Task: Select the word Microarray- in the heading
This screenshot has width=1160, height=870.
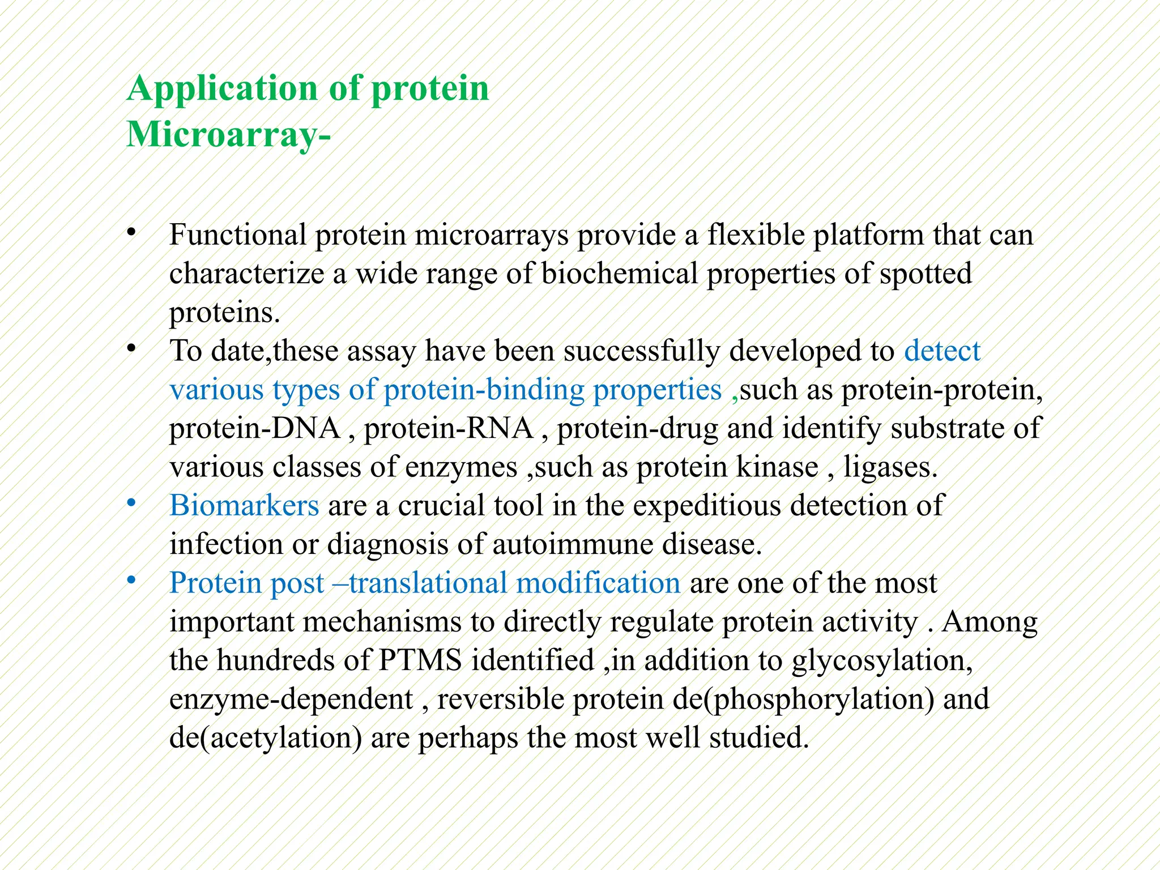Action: [x=228, y=135]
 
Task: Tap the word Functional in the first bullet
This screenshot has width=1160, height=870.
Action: [x=237, y=235]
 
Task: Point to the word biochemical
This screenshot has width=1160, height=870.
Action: [x=619, y=274]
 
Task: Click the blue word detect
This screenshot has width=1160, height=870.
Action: [x=941, y=351]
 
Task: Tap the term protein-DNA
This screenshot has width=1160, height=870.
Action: [x=254, y=428]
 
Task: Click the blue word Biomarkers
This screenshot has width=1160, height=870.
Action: [x=244, y=505]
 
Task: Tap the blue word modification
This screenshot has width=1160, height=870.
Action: [x=598, y=583]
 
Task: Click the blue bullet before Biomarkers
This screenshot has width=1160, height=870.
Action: [x=131, y=503]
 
